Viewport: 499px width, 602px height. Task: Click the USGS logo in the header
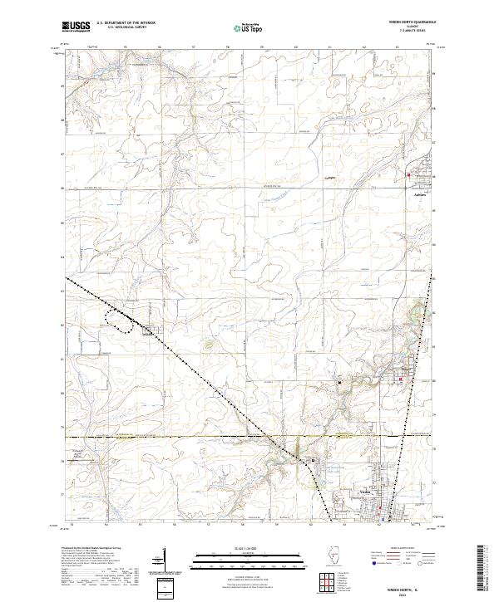(76, 27)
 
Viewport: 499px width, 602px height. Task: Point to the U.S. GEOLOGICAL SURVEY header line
(125, 28)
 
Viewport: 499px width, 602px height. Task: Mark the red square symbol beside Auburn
(408, 175)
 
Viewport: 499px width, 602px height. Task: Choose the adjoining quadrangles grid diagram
(326, 579)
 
